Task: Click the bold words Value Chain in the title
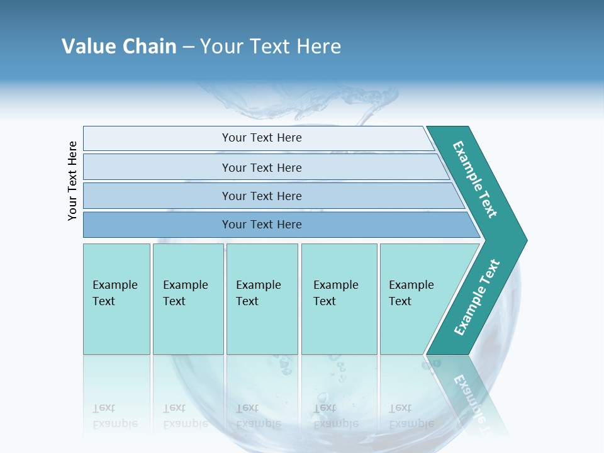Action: [x=119, y=47]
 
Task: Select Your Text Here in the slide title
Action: [x=271, y=47]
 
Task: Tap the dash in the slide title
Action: [x=188, y=47]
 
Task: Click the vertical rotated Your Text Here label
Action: [x=72, y=181]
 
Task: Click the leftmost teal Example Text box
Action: [x=116, y=299]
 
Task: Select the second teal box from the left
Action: [x=188, y=299]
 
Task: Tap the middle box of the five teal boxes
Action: [x=262, y=299]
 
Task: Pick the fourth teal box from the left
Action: [x=339, y=299]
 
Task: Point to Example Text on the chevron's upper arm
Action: [x=475, y=179]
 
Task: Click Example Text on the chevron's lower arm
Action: [x=477, y=298]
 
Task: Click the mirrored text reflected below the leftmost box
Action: [x=115, y=416]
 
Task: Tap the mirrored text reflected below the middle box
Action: [x=259, y=416]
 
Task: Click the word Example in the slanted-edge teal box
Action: [x=411, y=285]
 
